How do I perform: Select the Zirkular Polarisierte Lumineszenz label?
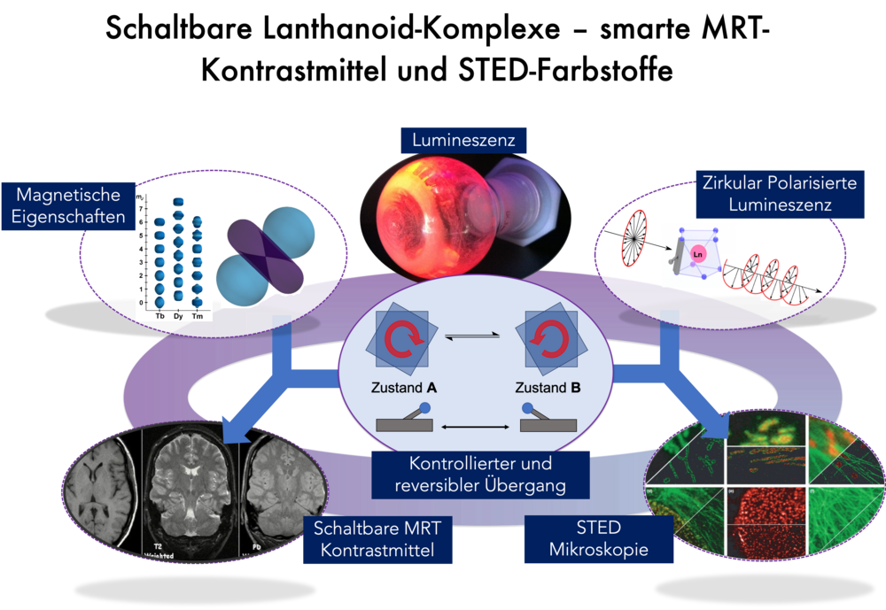tap(780, 192)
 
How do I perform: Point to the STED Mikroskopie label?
tap(599, 538)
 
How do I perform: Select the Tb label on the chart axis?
tap(160, 316)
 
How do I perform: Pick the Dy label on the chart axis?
tap(178, 316)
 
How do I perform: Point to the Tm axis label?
tap(198, 316)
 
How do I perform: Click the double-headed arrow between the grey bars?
tap(476, 429)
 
